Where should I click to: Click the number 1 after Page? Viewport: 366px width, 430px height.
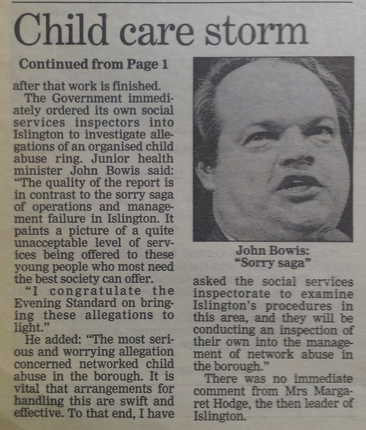[x=164, y=64]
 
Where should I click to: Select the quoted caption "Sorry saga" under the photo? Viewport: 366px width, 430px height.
[x=273, y=263]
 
